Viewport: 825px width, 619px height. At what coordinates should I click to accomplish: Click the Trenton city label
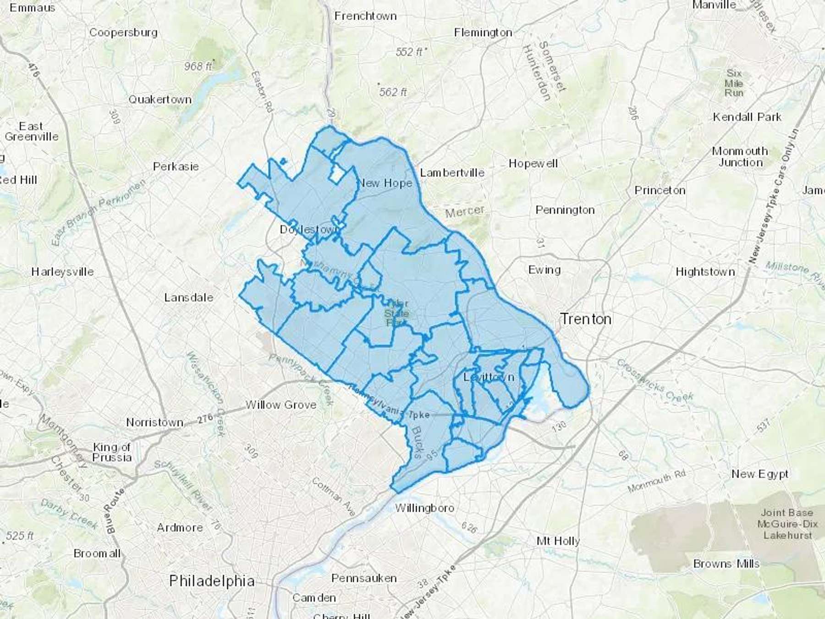(586, 319)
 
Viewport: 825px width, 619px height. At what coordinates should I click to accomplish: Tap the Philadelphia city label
(212, 581)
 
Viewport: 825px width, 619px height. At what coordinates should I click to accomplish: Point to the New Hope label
(385, 183)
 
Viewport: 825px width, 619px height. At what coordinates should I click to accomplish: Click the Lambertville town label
(452, 173)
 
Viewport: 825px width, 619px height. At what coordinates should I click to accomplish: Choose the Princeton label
(660, 190)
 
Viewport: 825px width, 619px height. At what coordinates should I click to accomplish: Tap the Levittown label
(489, 377)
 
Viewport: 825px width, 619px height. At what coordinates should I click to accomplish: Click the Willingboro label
(424, 508)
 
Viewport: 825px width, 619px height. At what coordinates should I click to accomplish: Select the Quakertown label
(159, 99)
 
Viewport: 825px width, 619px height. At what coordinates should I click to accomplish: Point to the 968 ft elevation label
(198, 66)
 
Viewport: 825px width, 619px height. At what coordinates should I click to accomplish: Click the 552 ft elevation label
(409, 52)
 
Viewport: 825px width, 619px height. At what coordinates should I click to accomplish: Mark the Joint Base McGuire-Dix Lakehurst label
(787, 524)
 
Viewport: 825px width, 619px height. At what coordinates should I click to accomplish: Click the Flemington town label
(483, 33)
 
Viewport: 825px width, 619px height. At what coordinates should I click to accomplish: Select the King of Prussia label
(112, 452)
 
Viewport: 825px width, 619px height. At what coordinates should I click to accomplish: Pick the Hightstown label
(705, 272)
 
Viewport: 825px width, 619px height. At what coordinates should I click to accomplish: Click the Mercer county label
(465, 211)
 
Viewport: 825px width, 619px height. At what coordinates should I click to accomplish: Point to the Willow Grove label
(281, 405)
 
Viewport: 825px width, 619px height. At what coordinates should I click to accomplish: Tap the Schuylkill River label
(184, 486)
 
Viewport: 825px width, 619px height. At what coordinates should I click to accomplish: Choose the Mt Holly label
(558, 541)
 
